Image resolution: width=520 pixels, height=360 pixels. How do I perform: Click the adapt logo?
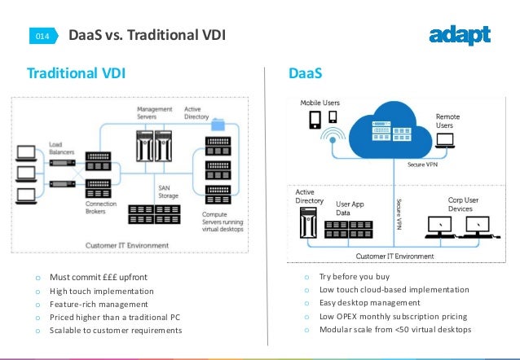(459, 35)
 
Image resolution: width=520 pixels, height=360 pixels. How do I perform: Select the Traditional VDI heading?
(77, 73)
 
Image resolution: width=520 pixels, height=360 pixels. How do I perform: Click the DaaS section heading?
(306, 73)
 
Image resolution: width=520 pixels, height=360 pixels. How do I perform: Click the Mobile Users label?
(319, 103)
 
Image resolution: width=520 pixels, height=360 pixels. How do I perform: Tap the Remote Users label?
(447, 121)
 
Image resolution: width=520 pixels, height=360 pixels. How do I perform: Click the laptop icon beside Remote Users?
(446, 141)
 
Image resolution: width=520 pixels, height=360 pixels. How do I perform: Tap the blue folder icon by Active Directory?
(218, 125)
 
